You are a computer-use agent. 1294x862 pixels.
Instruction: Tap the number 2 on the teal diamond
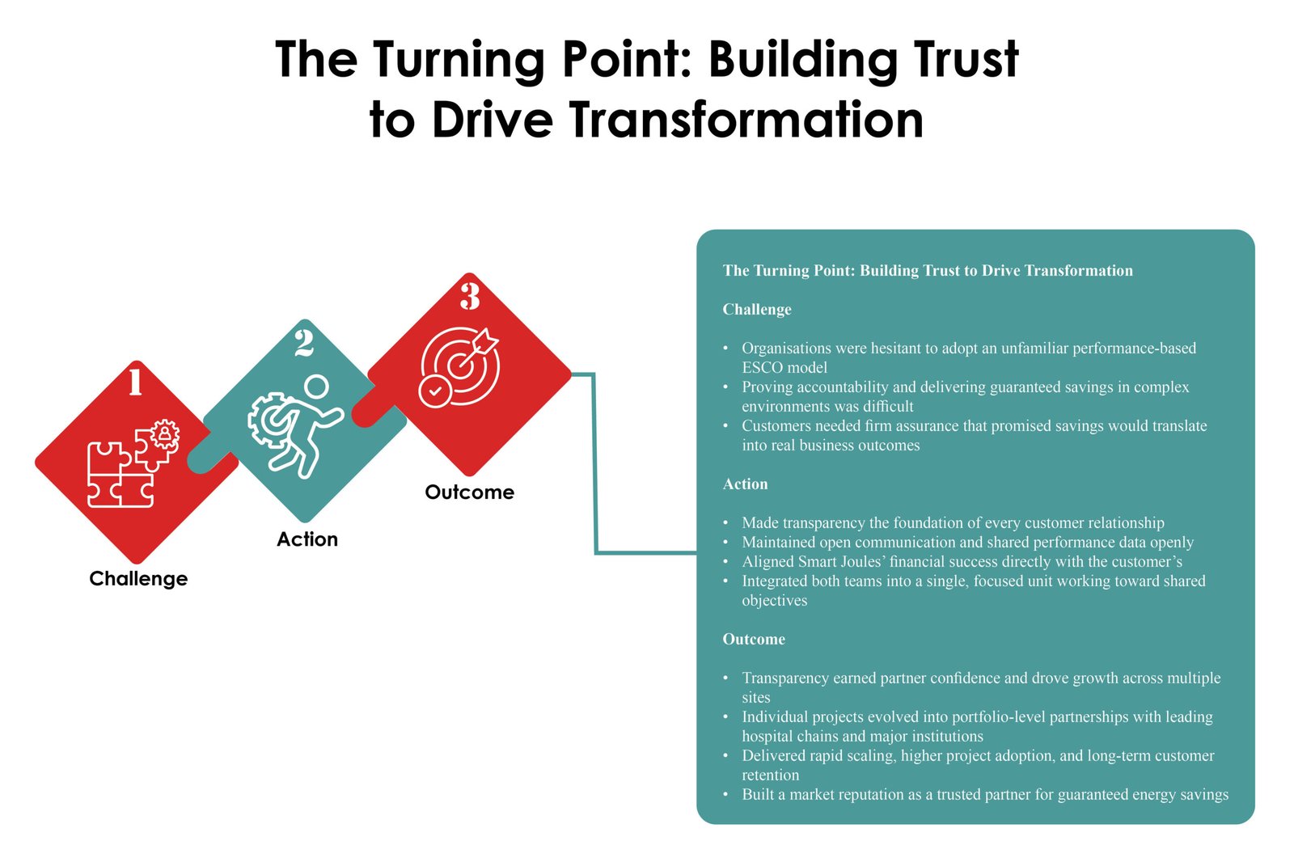pos(304,343)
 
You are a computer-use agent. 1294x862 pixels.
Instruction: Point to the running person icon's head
pos(316,387)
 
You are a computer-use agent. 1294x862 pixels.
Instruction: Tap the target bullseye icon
pos(460,366)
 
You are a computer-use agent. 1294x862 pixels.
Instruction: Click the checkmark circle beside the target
pos(435,391)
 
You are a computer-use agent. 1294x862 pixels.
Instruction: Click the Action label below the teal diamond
pos(307,539)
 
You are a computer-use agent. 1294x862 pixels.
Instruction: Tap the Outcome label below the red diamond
pos(470,492)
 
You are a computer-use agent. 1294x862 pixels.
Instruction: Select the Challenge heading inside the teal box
pos(757,310)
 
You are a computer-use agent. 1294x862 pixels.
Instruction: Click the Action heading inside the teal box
pos(745,484)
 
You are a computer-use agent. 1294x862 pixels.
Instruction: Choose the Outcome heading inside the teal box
pos(754,640)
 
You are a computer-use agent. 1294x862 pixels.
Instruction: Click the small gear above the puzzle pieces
pos(165,434)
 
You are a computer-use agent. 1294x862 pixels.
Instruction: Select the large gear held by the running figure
pos(268,420)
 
